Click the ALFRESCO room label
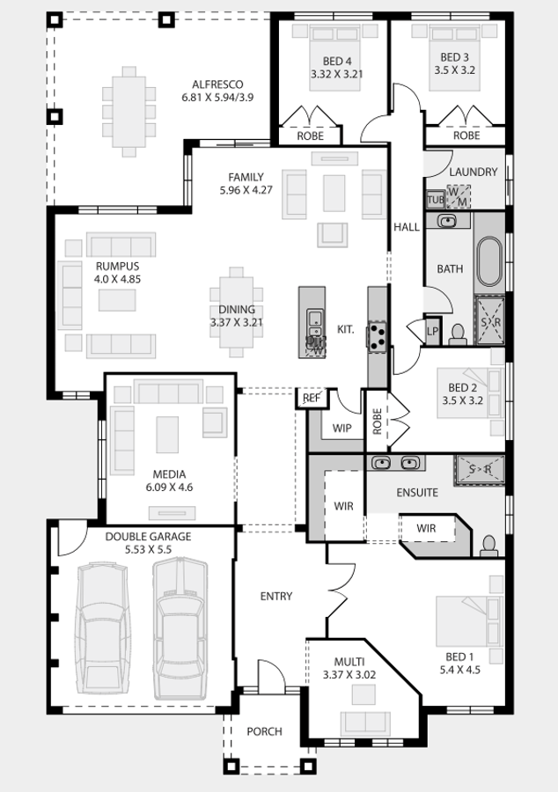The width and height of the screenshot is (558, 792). tap(217, 84)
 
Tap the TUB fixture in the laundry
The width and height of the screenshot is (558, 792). tap(436, 200)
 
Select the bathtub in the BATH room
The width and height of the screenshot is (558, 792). tap(489, 261)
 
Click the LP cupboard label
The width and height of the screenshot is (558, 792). tap(433, 332)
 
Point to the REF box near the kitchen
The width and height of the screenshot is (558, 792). tap(311, 398)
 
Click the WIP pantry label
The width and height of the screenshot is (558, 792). tap(341, 429)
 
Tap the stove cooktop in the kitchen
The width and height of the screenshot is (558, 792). tap(378, 336)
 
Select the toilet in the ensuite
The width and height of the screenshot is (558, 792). tap(488, 546)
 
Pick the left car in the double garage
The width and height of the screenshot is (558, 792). tap(102, 629)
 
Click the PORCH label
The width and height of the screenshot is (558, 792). tap(265, 731)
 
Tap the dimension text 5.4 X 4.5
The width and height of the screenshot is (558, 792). tap(460, 671)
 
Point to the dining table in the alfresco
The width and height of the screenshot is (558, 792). tap(128, 112)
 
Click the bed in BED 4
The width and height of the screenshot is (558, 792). tap(335, 58)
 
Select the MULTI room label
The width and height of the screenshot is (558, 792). tap(349, 662)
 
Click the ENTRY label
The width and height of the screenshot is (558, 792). tap(276, 597)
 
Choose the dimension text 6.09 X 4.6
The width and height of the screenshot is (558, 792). tap(170, 488)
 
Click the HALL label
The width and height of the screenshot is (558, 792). tap(407, 227)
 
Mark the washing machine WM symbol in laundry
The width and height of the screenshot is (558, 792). tap(459, 197)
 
